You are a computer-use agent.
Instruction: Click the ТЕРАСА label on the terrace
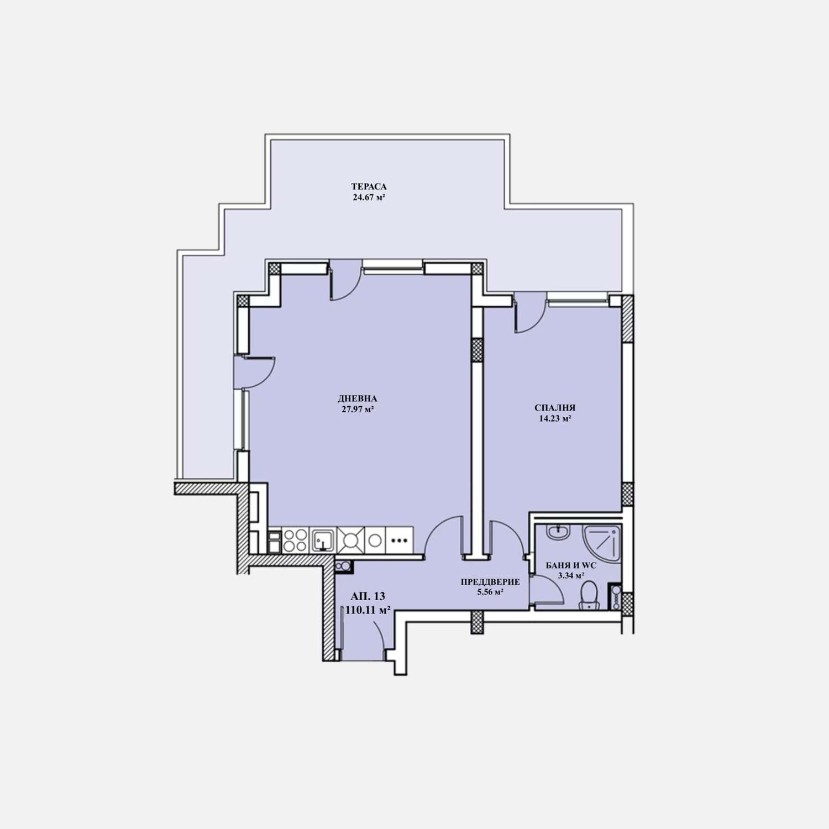[369, 186]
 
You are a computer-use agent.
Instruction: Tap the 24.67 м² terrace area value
[369, 197]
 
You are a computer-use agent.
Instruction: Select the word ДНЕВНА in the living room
[358, 398]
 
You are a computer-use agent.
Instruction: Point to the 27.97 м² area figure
[358, 409]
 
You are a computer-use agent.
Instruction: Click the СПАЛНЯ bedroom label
[555, 408]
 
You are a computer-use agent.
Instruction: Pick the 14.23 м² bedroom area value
[555, 418]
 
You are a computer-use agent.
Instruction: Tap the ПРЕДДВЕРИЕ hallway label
[490, 582]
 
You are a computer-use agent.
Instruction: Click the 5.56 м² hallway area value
[490, 592]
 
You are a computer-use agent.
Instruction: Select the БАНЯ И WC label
[571, 565]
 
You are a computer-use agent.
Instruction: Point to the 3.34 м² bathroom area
[571, 575]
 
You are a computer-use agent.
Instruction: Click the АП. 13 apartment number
[368, 596]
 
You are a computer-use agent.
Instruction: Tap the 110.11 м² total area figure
[368, 610]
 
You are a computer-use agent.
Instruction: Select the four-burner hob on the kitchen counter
[295, 540]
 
